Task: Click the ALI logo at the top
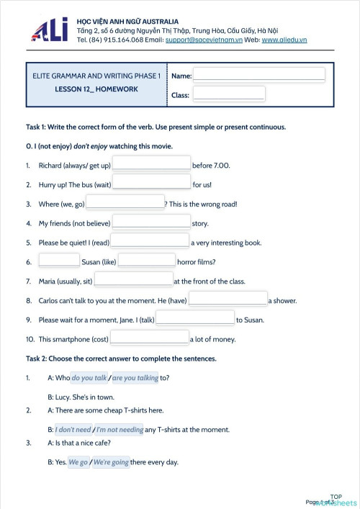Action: tap(50, 30)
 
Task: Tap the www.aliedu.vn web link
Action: tap(284, 40)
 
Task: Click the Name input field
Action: tap(258, 74)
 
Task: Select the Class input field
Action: tap(228, 94)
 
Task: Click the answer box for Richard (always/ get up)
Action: tap(151, 165)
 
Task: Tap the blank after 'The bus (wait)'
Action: tap(151, 184)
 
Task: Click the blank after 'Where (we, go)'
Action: tap(125, 204)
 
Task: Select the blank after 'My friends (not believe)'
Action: tap(151, 223)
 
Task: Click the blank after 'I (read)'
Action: tap(150, 243)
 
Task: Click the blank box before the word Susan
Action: tap(59, 261)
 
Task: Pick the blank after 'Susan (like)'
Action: tap(147, 261)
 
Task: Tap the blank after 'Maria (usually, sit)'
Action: tap(133, 281)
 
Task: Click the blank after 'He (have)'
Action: tap(228, 300)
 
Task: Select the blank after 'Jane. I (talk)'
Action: tap(195, 320)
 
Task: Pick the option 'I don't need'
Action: tap(73, 430)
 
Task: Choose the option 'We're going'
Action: tap(111, 462)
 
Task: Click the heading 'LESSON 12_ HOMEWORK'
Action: tap(96, 89)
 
